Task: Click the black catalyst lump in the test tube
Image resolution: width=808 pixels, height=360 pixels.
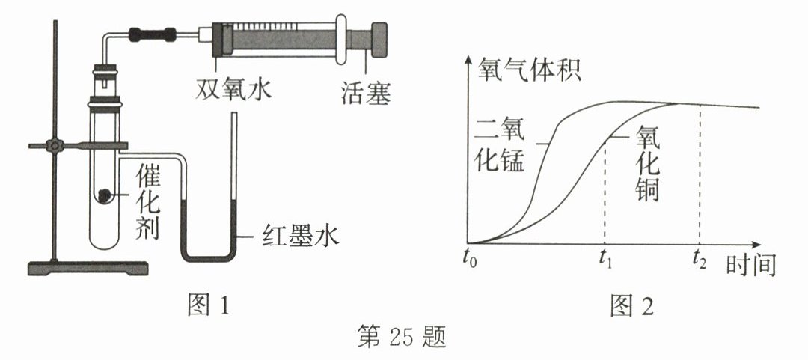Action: tap(105, 195)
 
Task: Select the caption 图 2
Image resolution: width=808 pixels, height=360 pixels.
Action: tap(632, 305)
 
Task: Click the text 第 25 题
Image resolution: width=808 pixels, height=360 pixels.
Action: tap(402, 339)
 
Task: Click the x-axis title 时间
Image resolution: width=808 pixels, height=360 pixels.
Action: tap(750, 265)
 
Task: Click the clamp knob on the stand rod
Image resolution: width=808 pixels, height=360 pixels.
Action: tap(54, 144)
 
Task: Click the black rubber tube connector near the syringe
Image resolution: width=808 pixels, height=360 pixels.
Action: tap(153, 34)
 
